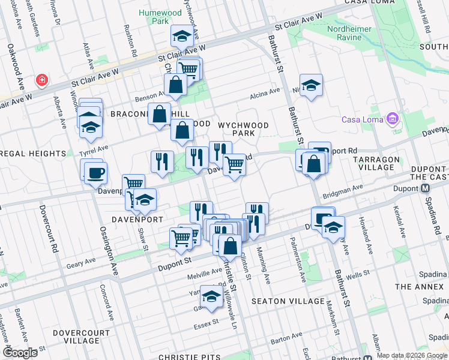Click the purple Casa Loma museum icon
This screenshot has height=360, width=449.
[x=393, y=118]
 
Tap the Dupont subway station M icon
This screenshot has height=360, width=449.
[x=426, y=188]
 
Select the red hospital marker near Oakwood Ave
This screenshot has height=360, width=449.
[x=42, y=80]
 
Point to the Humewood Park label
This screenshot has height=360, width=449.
[x=154, y=16]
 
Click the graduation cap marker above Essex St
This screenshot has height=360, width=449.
[x=211, y=296]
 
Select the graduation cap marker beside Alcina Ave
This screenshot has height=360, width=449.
[x=311, y=86]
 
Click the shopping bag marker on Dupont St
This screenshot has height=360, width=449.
[x=230, y=245]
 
